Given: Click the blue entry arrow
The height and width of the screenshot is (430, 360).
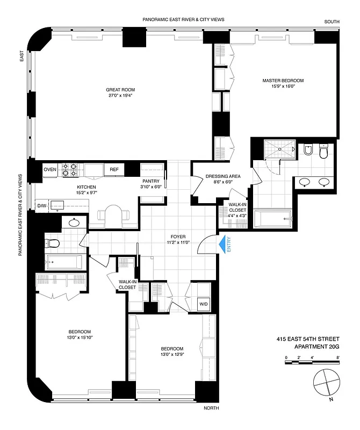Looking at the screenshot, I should click(221, 245).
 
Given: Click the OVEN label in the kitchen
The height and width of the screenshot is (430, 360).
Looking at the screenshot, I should click(50, 170).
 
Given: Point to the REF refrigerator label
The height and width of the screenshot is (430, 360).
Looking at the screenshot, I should click(114, 170).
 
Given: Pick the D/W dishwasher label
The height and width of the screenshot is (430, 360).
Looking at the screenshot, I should click(41, 205).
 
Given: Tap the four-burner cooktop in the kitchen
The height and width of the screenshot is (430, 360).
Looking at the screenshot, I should click(69, 170).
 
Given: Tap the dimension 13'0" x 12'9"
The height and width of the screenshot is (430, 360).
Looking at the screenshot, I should click(172, 355).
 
